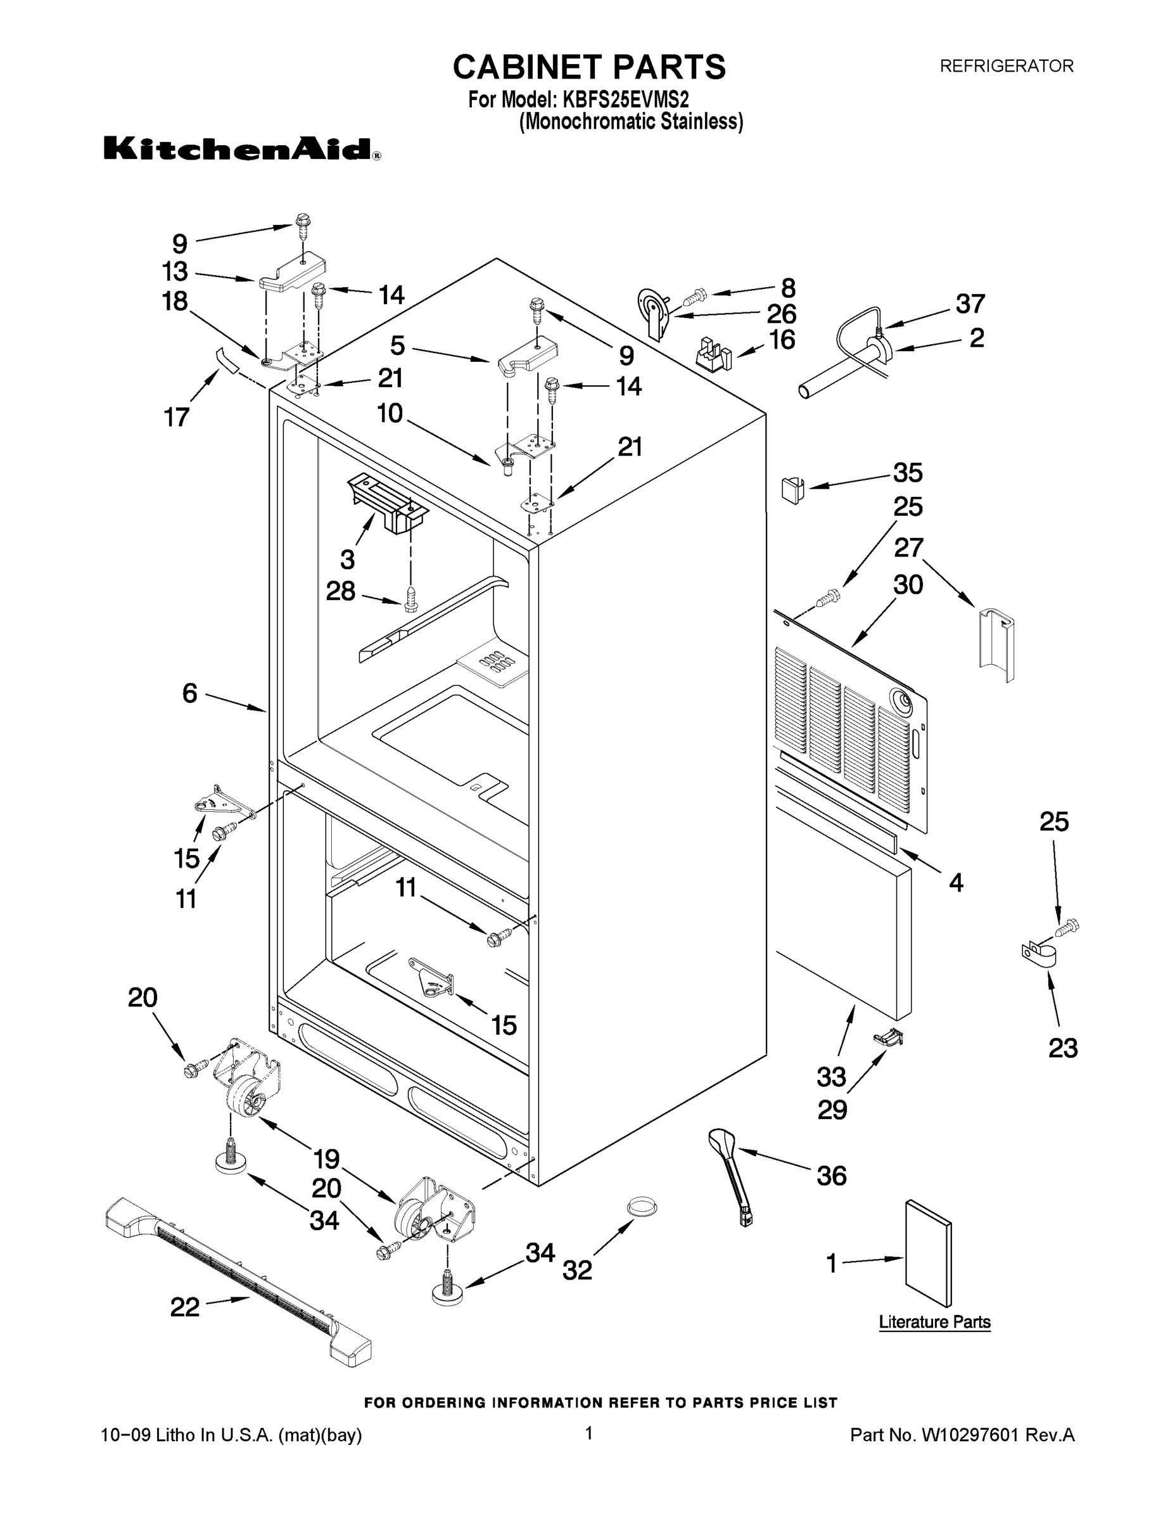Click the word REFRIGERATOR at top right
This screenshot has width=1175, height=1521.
click(x=1007, y=66)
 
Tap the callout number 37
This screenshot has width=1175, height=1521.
click(x=970, y=304)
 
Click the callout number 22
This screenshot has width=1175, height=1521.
click(x=185, y=1307)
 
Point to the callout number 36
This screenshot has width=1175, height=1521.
click(x=831, y=1176)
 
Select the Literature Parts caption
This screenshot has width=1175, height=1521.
click(x=934, y=1322)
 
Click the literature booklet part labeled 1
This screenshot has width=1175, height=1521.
click(x=928, y=1254)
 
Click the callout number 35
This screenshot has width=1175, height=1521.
click(x=908, y=473)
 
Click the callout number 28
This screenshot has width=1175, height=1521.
click(x=340, y=591)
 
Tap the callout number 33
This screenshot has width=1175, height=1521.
click(x=831, y=1077)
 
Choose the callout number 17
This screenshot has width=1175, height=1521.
click(x=177, y=418)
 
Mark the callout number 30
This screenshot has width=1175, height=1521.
click(x=908, y=585)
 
